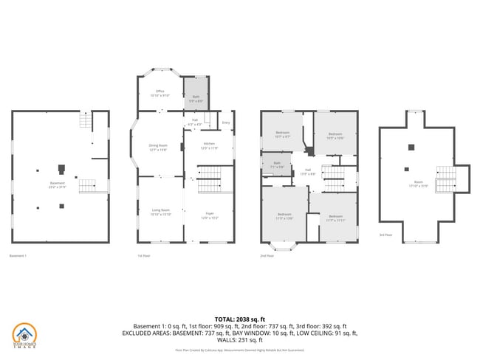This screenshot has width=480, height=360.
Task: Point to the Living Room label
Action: point(161,212)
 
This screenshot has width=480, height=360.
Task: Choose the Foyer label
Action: point(210,215)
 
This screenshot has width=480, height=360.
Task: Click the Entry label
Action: point(225,122)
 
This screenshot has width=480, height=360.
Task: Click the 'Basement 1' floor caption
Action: point(18,255)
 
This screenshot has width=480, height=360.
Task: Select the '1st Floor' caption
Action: point(143,255)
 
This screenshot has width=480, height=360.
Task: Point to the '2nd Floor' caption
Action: point(267,255)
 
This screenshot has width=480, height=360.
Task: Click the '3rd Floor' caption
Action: point(385,235)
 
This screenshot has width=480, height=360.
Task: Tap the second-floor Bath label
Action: point(277,165)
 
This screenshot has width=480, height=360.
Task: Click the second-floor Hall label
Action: point(307,172)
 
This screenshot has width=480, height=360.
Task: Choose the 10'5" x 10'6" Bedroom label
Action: point(335,136)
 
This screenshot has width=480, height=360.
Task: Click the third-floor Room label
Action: point(418,184)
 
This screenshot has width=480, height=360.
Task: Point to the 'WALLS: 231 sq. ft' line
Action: point(240,339)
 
